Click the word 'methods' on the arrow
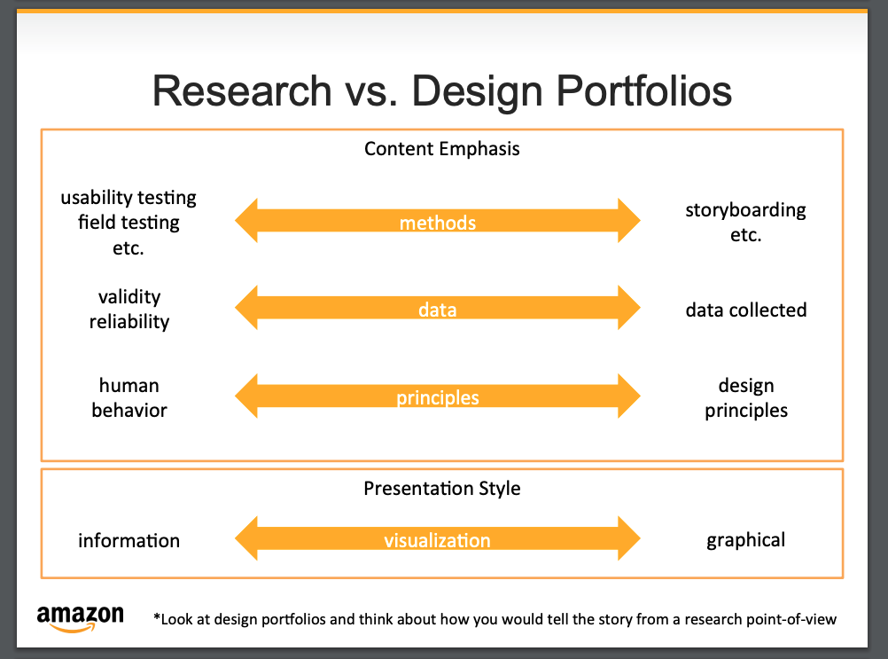(x=438, y=223)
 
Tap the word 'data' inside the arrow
(x=438, y=310)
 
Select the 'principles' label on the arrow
(x=438, y=397)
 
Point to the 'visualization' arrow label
(x=437, y=540)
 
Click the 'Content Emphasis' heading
(x=441, y=148)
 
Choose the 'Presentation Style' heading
(x=441, y=489)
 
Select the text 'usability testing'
(x=129, y=197)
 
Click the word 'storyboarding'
(x=745, y=210)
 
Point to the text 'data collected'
(x=745, y=310)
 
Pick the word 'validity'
(x=129, y=297)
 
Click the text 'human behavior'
(x=129, y=397)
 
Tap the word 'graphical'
(x=745, y=540)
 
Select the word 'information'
(x=129, y=540)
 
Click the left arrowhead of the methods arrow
(x=247, y=221)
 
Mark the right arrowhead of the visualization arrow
(x=627, y=539)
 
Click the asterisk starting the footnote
(x=157, y=617)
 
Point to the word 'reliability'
(x=129, y=322)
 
